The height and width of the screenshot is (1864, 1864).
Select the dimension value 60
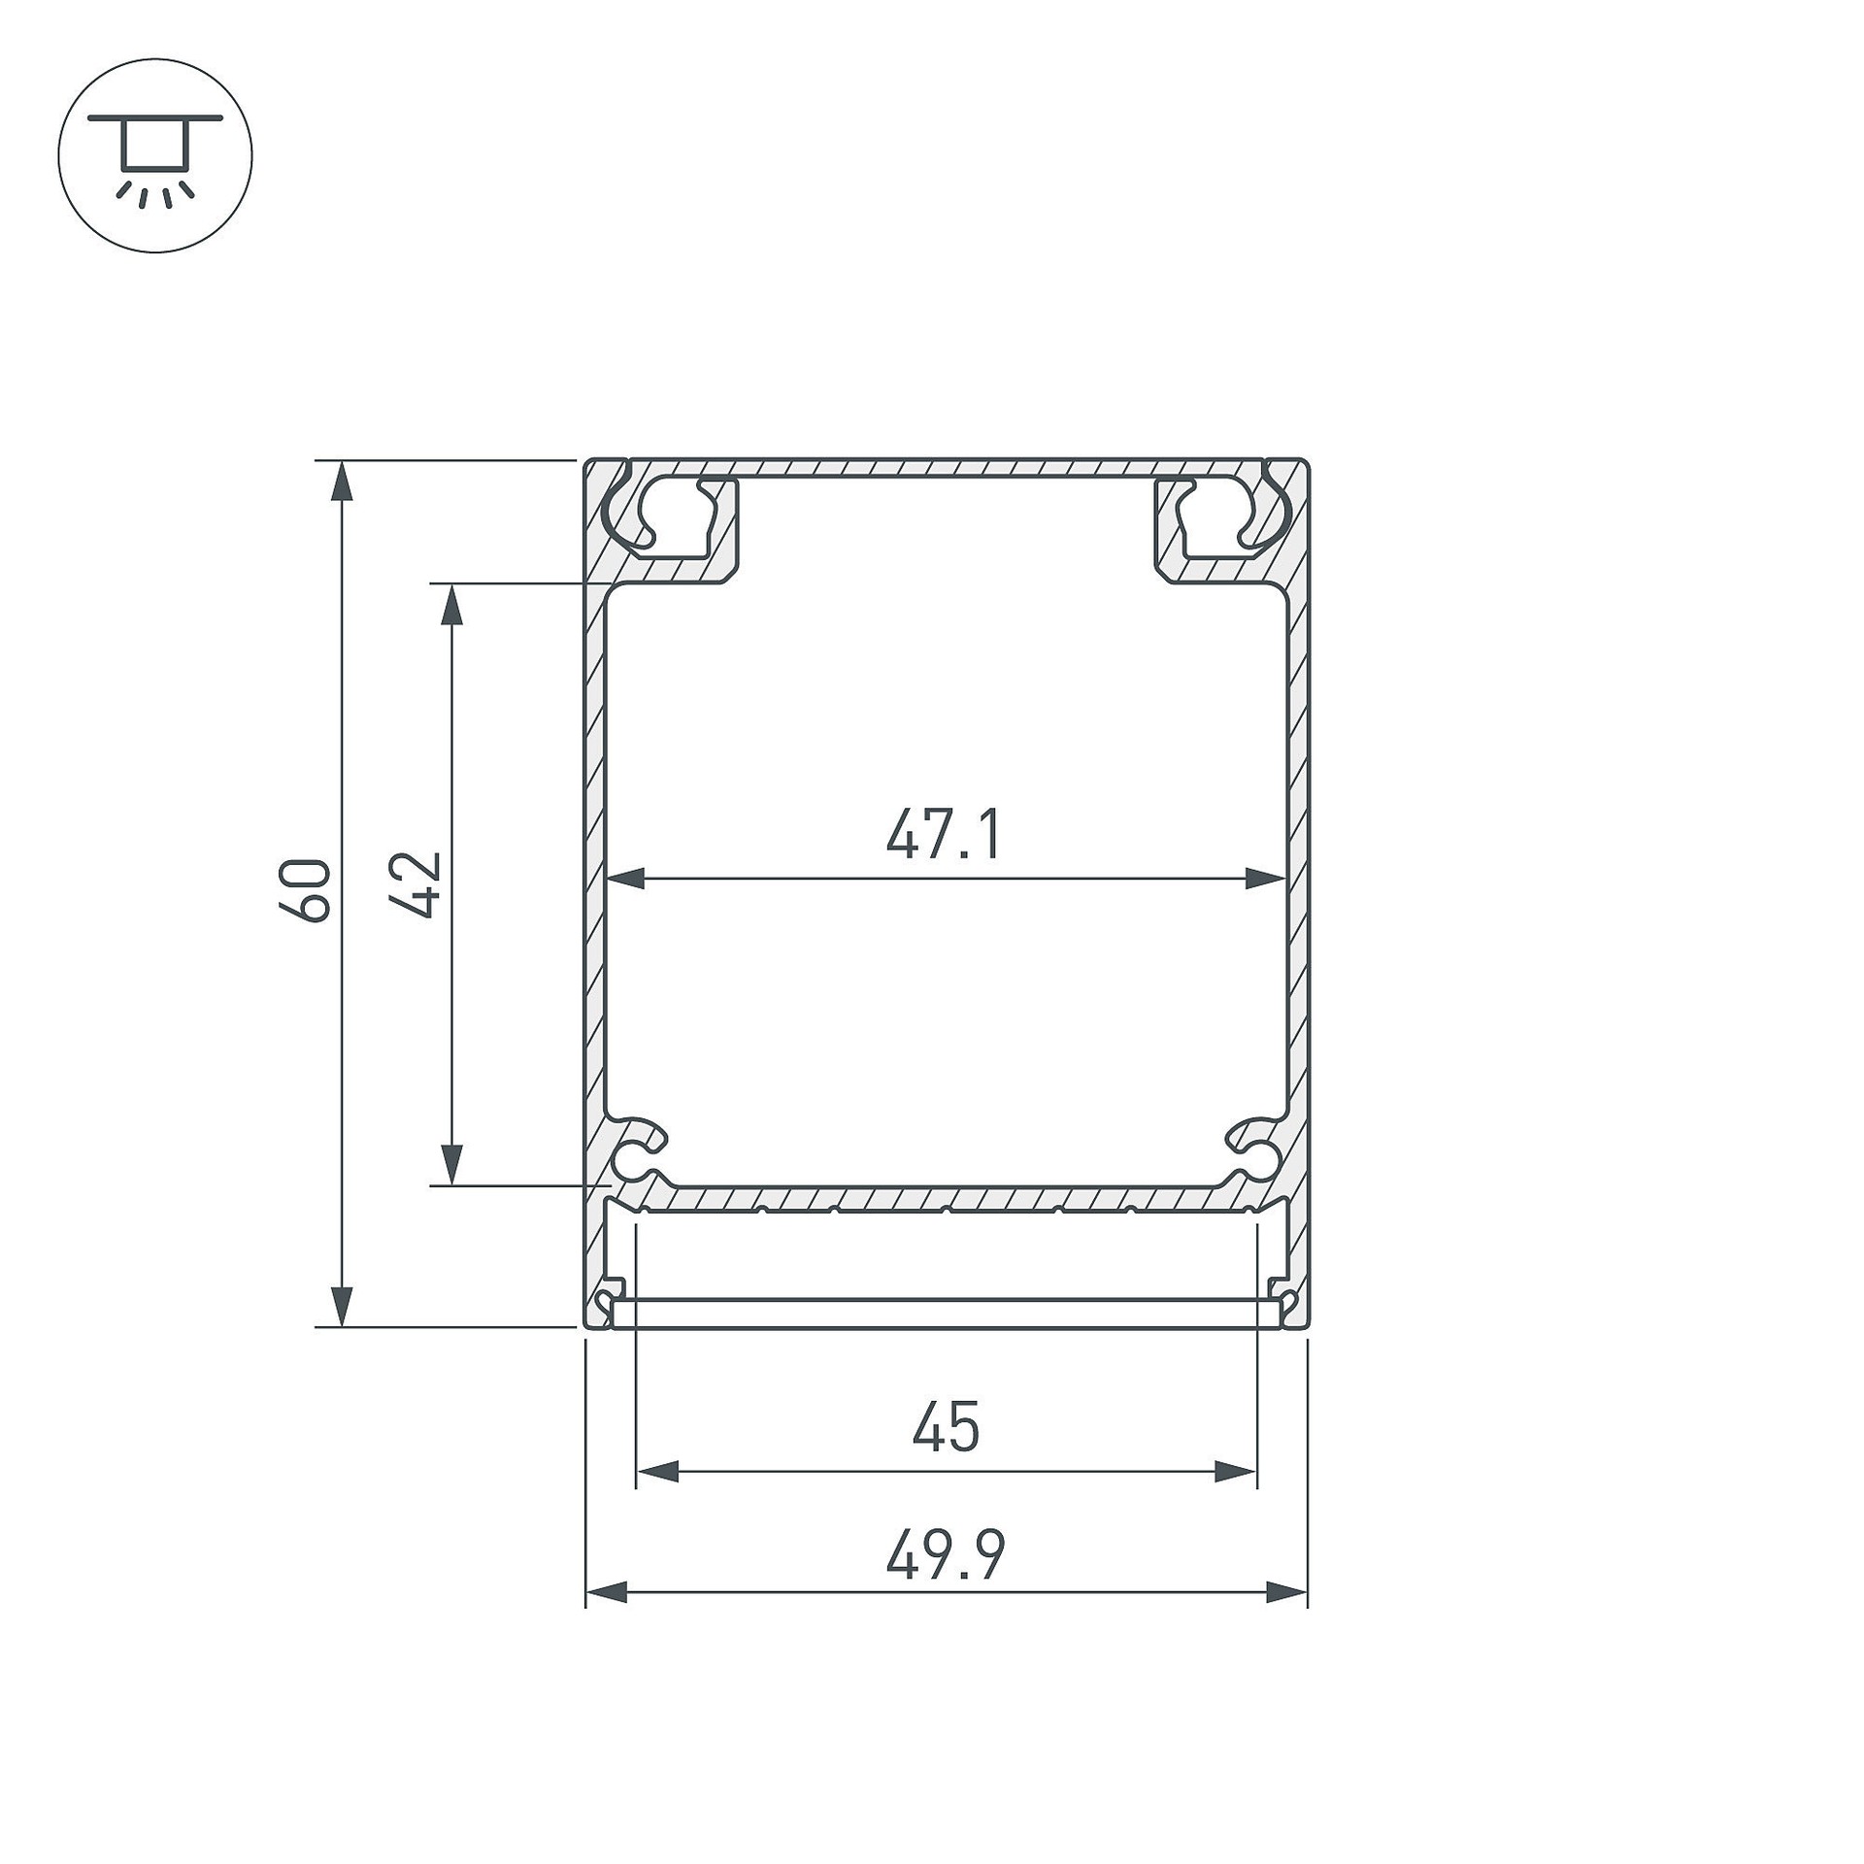pyautogui.click(x=304, y=889)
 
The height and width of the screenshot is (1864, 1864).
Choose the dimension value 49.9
pyautogui.click(x=946, y=1554)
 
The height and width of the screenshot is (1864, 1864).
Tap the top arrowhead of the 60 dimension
pyautogui.click(x=341, y=482)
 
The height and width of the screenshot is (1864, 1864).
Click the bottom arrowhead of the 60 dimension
pyautogui.click(x=341, y=1305)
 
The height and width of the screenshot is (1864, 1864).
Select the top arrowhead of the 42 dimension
pyautogui.click(x=450, y=605)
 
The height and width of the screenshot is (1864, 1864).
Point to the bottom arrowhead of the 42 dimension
pyautogui.click(x=450, y=1164)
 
